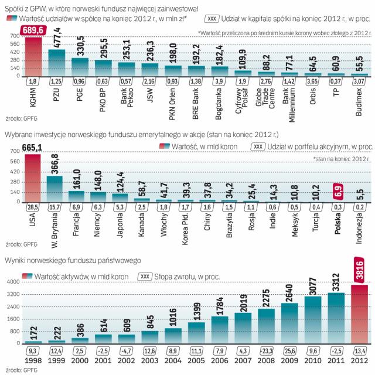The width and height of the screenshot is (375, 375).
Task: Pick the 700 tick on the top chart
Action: [13, 36]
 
